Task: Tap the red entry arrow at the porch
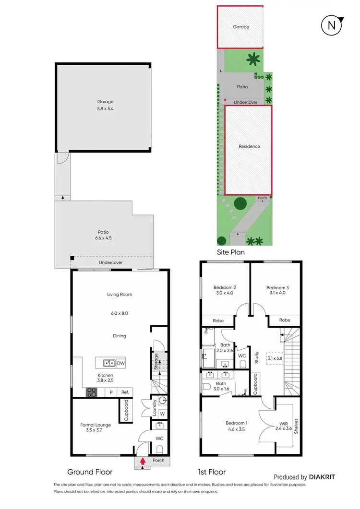point(143,462)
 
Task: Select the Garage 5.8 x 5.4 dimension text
point(106,109)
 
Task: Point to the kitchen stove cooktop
point(92,392)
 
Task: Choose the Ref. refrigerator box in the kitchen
point(126,392)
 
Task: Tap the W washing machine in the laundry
point(162,413)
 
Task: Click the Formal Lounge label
point(96,425)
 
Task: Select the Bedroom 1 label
point(237,423)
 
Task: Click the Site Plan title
point(231,252)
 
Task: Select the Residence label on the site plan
point(249,146)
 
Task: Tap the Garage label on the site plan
point(241,27)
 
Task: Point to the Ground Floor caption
point(90,472)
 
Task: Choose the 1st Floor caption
point(212,472)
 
